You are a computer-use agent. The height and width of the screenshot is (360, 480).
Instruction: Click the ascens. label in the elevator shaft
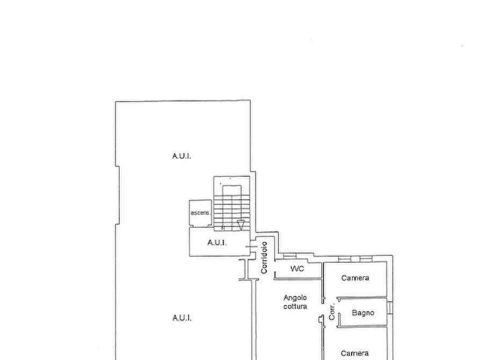pyautogui.click(x=200, y=213)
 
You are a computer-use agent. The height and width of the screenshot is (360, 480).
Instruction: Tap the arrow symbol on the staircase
pyautogui.click(x=241, y=225)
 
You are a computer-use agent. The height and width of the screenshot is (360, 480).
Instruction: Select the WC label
pyautogui.click(x=297, y=269)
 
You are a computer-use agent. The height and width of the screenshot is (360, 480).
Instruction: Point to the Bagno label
pyautogui.click(x=363, y=313)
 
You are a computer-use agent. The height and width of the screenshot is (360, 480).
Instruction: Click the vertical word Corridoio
pyautogui.click(x=264, y=257)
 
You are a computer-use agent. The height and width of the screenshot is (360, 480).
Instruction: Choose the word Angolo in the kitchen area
pyautogui.click(x=295, y=298)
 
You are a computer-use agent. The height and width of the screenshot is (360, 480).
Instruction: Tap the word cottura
pyautogui.click(x=295, y=306)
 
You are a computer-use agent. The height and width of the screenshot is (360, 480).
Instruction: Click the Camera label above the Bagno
pyautogui.click(x=355, y=278)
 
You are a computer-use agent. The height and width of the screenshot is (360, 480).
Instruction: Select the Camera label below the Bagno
pyautogui.click(x=354, y=353)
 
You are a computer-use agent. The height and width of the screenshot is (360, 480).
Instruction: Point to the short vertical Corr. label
pyautogui.click(x=332, y=312)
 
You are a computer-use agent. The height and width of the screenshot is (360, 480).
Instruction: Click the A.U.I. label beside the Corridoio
pyautogui.click(x=217, y=243)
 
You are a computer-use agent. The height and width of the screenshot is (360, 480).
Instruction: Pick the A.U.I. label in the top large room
pyautogui.click(x=182, y=156)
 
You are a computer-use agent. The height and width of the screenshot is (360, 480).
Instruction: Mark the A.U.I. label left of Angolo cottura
pyautogui.click(x=182, y=318)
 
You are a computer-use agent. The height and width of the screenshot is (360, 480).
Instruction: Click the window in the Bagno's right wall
pyautogui.click(x=390, y=308)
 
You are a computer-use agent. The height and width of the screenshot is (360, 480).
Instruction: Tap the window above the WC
pyautogui.click(x=289, y=256)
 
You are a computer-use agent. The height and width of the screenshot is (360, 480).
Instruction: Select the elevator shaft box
pyautogui.click(x=200, y=213)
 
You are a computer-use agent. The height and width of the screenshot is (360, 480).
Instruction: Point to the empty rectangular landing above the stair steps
pyautogui.click(x=232, y=190)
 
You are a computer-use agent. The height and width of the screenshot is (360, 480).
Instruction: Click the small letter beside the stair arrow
pyautogui.click(x=223, y=228)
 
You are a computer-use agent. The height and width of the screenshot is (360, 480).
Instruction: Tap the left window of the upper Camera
pyautogui.click(x=345, y=260)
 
